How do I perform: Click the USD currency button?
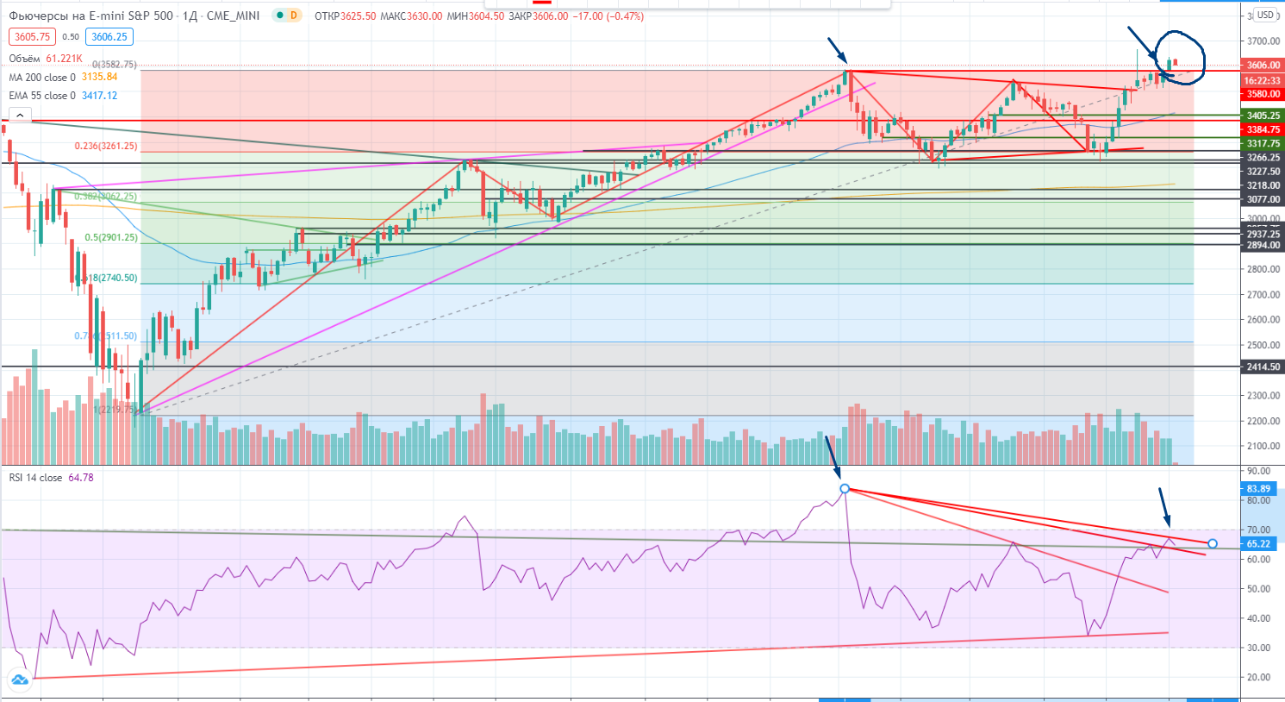[1264, 15]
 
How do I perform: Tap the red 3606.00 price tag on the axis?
[1263, 65]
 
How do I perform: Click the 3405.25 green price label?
[1263, 116]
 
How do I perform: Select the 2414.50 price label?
[1263, 367]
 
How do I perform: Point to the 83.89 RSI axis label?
[1258, 489]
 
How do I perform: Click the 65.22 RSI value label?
[1258, 543]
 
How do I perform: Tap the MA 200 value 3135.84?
[99, 77]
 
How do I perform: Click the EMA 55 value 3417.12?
[99, 96]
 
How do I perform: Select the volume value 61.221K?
[64, 59]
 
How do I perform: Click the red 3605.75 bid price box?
[32, 37]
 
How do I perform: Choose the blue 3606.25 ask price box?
[109, 37]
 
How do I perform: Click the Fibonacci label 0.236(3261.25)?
[106, 146]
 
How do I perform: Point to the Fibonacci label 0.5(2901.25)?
[111, 237]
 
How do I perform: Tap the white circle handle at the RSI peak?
[845, 489]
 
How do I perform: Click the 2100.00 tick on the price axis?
[1263, 446]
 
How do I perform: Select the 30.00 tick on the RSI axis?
[1258, 648]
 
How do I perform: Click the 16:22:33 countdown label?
[1263, 80]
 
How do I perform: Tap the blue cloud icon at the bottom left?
[19, 680]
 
